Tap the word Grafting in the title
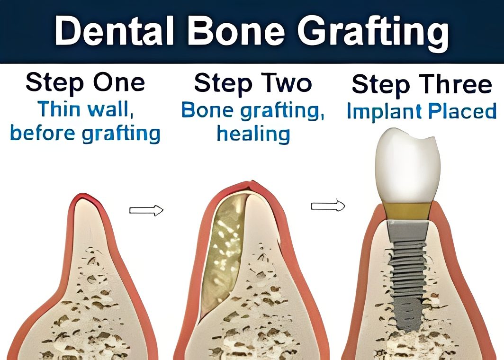click(373, 32)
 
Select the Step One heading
click(85, 83)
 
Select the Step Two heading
click(253, 83)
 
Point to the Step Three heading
click(422, 84)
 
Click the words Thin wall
click(86, 109)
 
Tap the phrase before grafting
click(85, 133)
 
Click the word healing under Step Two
click(253, 134)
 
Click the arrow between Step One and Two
click(146, 210)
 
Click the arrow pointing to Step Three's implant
click(328, 205)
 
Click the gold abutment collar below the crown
click(408, 211)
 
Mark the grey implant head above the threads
click(407, 231)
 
